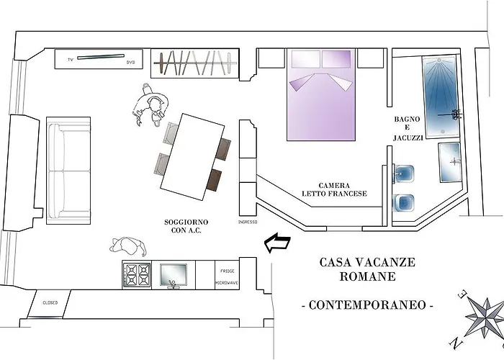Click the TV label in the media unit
coord(71,60)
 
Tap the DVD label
coord(130,63)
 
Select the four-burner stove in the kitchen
coord(137,275)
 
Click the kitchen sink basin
coord(174,275)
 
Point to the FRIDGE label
coord(228,271)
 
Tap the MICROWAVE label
coord(227,283)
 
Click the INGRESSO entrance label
coord(248,222)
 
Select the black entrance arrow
coord(277,243)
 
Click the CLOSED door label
coord(50,303)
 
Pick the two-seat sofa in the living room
coord(68,171)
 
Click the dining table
coord(192,157)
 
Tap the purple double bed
coord(321,94)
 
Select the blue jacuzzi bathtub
coord(441,96)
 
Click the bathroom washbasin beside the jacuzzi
coord(450,162)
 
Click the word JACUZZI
coord(408,138)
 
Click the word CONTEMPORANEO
coord(367,305)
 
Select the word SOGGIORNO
coord(186,222)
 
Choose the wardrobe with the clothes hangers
coord(195,63)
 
